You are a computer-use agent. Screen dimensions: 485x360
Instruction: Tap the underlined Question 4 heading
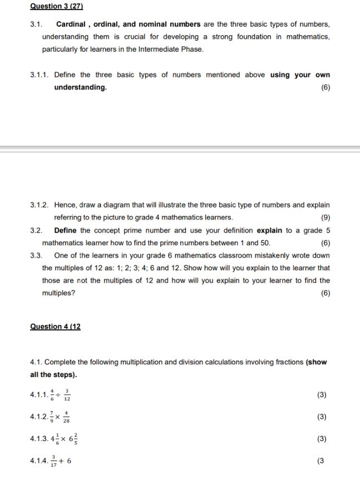tap(55, 326)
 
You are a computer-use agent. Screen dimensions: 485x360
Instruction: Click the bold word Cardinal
tap(71, 24)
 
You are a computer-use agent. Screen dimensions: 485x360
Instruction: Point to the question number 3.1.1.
tap(42, 75)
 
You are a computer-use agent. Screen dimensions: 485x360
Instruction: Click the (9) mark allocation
tap(326, 217)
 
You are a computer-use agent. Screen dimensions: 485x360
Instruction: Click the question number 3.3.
tap(36, 255)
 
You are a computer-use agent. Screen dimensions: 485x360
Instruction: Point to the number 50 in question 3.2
tap(265, 242)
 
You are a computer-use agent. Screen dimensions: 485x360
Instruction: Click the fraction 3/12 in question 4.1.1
tap(67, 395)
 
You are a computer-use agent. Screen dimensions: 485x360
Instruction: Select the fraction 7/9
tap(51, 417)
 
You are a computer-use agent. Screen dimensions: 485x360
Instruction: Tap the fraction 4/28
tap(67, 417)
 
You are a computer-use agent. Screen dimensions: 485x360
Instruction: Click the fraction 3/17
tap(53, 461)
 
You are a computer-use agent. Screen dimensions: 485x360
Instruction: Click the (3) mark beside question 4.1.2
tap(321, 417)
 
